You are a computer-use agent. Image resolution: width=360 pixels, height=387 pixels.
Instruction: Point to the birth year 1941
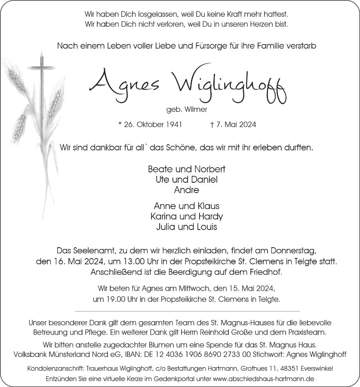[x=174, y=125]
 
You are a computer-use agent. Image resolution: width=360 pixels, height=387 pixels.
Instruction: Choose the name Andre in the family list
[x=187, y=189]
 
